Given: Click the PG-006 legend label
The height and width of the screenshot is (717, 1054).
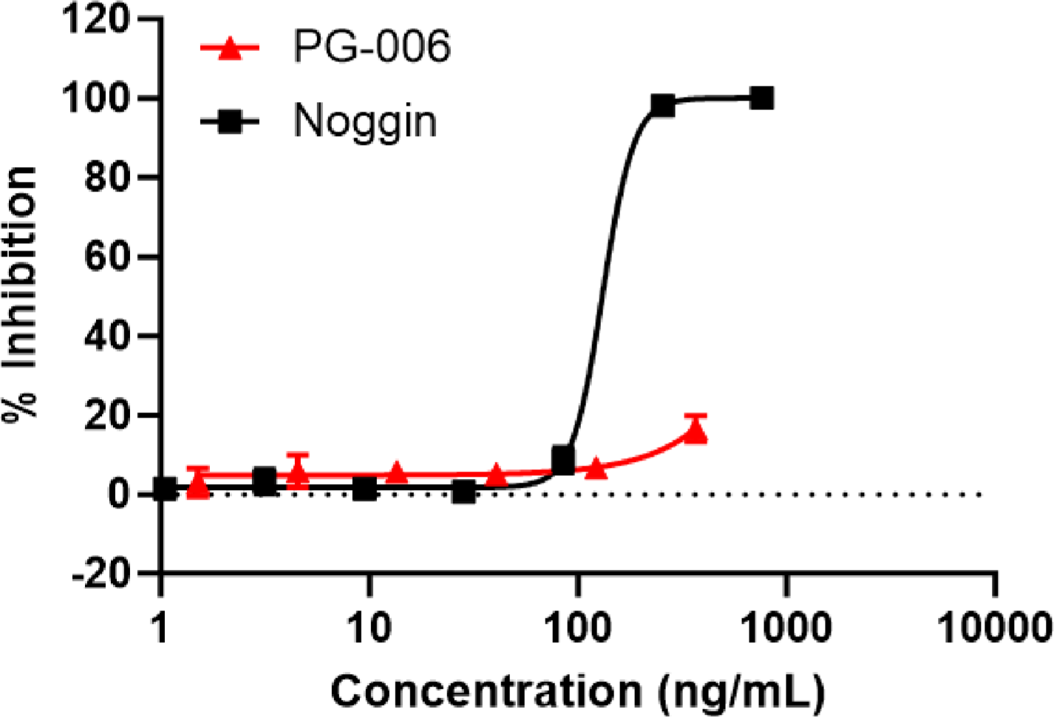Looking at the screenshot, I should coord(372,47).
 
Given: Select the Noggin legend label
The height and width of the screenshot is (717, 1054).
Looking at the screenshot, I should coord(365,120).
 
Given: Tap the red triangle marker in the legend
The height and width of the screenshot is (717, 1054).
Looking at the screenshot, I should coord(231,49).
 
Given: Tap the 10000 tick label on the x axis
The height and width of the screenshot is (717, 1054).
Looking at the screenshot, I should coord(994,628).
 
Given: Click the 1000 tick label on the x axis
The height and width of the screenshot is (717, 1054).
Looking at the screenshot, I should coord(786,628).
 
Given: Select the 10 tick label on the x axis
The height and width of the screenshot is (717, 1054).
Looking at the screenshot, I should coord(368,628).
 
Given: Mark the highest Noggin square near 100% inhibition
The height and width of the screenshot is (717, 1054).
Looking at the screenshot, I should coord(762,98).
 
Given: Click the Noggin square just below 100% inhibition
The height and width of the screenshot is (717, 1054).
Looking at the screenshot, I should coord(663,106).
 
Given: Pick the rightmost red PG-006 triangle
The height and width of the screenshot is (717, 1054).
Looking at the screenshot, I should coord(696,432).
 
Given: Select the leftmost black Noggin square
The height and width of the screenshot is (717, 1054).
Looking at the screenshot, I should coord(166,489).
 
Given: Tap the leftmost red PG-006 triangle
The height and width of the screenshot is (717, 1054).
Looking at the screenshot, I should coord(198,487).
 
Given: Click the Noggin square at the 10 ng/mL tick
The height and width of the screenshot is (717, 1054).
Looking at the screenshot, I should coord(364,489).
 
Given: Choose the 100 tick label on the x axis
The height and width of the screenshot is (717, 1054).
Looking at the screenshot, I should coord(577,628).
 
